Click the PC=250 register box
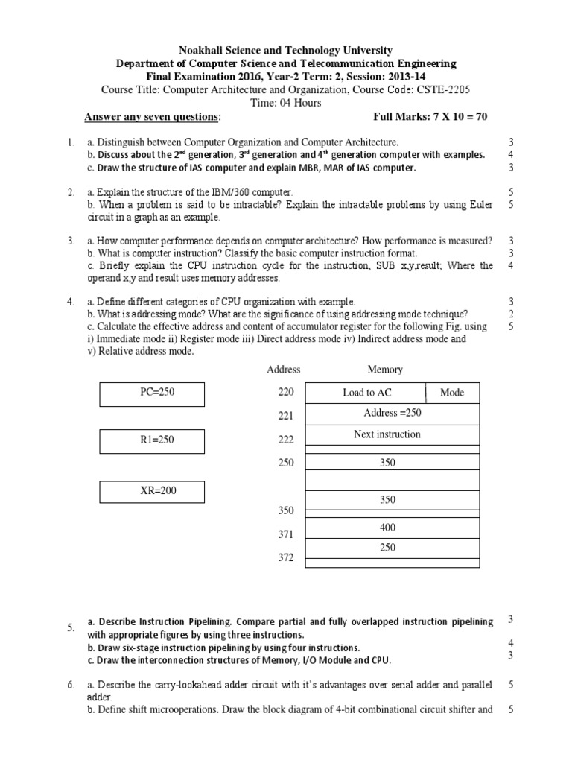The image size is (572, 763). [x=152, y=393]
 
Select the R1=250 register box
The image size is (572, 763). [x=152, y=440]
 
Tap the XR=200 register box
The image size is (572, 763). [x=152, y=491]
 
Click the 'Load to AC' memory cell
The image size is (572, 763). [x=366, y=393]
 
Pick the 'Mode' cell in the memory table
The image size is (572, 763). [x=452, y=393]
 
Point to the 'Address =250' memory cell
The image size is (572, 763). [x=393, y=413]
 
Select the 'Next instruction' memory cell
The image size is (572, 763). [x=387, y=434]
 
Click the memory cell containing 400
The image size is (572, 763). [x=387, y=528]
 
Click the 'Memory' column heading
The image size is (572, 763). [x=384, y=370]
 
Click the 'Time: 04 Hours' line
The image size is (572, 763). [x=285, y=104]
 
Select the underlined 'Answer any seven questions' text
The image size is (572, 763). [x=152, y=118]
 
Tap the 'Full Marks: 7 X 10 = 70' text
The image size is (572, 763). [x=430, y=118]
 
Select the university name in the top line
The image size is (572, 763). [x=285, y=50]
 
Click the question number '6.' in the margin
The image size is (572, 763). [x=71, y=684]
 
